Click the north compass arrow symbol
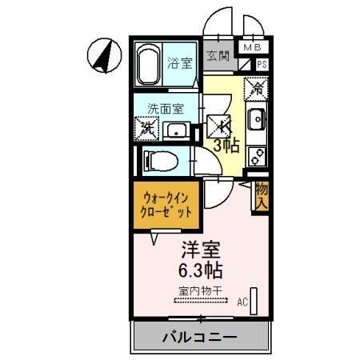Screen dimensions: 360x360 tap(103, 54)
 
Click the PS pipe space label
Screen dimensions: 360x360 tap(262, 65)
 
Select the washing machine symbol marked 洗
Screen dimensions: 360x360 tap(146, 127)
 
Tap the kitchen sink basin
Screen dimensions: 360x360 tap(257, 121)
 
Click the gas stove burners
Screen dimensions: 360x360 tap(258, 153)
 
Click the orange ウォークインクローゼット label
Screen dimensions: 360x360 tap(167, 206)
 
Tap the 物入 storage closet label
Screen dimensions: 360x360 tap(261, 197)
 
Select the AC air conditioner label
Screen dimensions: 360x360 tap(242, 302)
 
